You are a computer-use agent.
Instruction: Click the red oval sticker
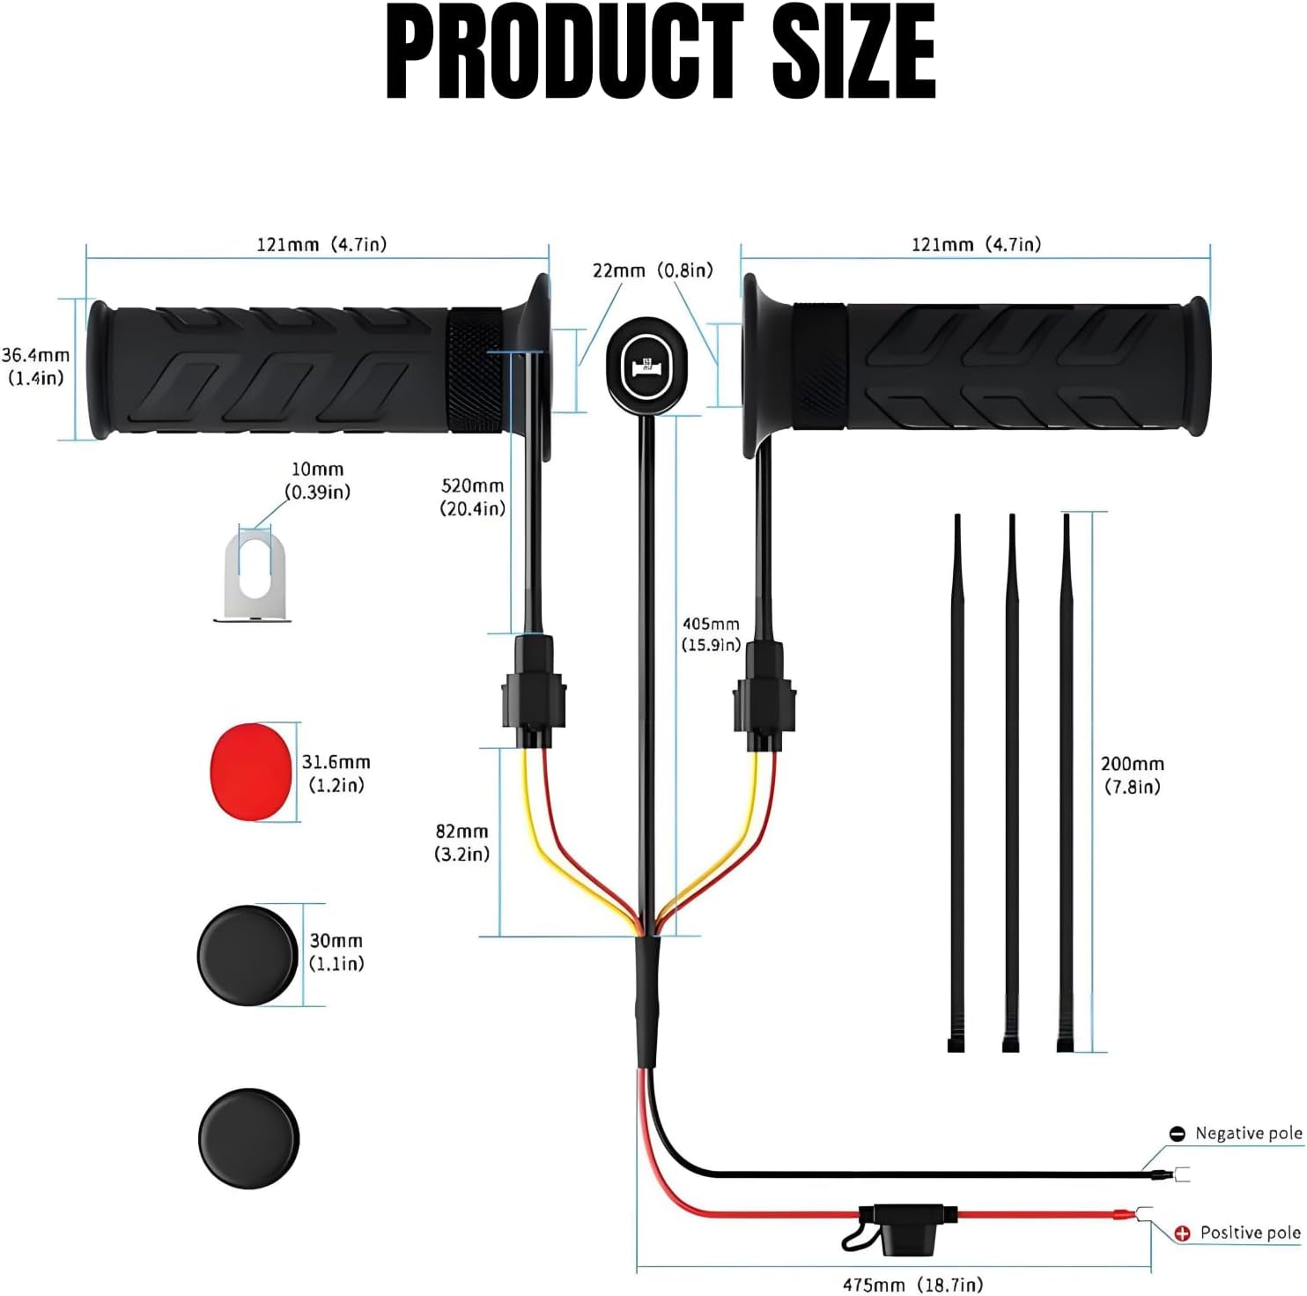[251, 772]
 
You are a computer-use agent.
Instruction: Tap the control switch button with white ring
[646, 366]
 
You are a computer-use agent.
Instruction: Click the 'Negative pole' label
[1248, 1134]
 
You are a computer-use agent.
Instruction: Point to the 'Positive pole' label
[1250, 1233]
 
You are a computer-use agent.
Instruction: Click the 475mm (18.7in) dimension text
[912, 1285]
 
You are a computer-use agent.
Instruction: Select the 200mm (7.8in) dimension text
[1133, 775]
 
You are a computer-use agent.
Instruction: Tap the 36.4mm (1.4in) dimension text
[35, 367]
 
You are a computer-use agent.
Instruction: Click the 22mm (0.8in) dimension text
[653, 270]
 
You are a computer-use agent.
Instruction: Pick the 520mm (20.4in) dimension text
[473, 497]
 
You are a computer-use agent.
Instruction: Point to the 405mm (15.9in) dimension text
[711, 634]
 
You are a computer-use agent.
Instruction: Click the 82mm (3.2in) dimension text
[462, 842]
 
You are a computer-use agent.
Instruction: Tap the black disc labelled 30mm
[247, 955]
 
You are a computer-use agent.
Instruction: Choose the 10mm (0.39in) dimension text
[317, 481]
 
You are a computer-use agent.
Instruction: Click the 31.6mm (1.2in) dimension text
[336, 774]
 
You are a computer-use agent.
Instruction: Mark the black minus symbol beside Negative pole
[1177, 1135]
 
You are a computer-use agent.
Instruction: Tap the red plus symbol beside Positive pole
[1182, 1233]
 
